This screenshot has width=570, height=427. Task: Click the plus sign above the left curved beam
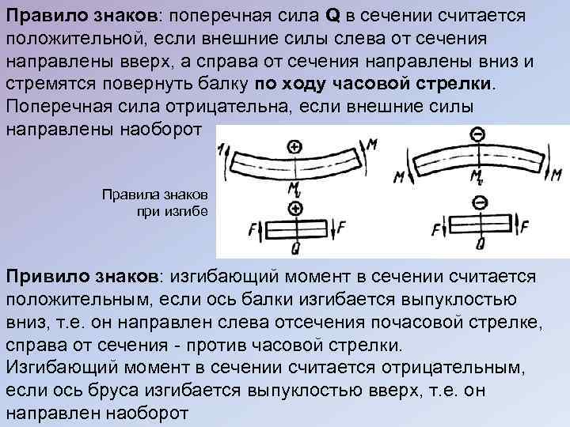294,146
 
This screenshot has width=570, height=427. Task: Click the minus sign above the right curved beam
477,136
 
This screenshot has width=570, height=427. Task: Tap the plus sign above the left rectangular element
295,209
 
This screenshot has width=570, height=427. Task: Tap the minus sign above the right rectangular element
479,203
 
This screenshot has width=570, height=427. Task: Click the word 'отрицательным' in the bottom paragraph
454,368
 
